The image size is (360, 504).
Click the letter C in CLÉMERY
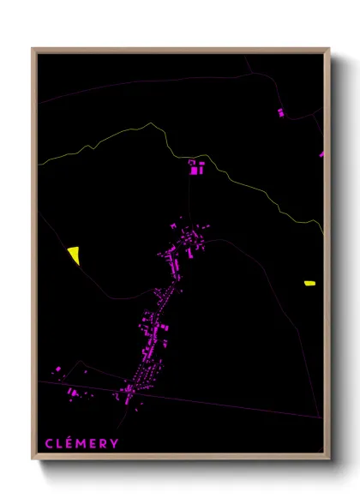[49, 443]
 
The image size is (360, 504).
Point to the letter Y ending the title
[115, 443]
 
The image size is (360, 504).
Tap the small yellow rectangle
[309, 282]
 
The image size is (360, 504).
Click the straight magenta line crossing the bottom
[223, 405]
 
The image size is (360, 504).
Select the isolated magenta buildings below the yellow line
[196, 167]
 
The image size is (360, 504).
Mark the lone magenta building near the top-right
[280, 112]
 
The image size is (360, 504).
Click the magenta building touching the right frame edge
[322, 155]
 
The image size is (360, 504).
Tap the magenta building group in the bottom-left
[74, 393]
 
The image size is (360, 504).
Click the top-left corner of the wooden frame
[33, 49]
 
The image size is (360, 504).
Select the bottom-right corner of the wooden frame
[328, 456]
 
